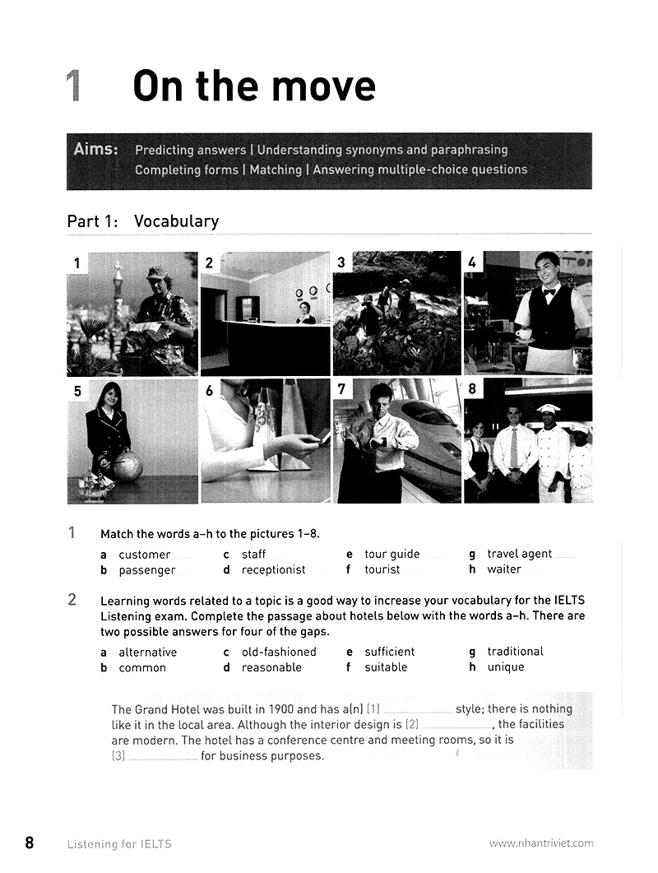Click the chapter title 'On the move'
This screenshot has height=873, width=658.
253,86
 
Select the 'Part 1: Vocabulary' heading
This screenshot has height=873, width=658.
143,221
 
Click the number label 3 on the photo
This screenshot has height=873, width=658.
341,263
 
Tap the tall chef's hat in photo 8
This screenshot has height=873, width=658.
548,409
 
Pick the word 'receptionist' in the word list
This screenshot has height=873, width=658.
273,569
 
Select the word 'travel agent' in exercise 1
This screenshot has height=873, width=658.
519,554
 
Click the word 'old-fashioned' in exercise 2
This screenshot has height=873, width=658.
279,652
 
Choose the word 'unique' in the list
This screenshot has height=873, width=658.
505,667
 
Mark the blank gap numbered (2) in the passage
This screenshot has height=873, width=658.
456,725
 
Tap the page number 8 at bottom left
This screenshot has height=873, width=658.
30,842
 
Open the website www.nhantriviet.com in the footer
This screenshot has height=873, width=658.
540,843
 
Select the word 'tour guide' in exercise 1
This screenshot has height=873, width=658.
392,554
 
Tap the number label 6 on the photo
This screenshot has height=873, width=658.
210,391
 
